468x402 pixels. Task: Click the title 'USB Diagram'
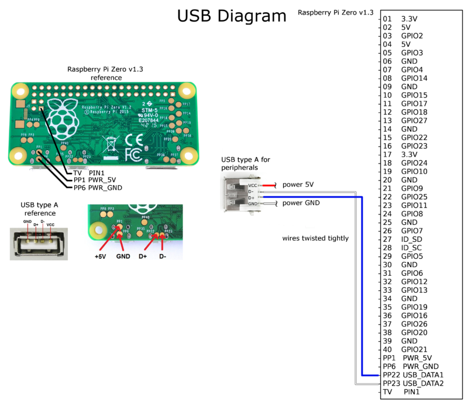pyautogui.click(x=232, y=16)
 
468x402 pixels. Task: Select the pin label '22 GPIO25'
pyautogui.click(x=404, y=197)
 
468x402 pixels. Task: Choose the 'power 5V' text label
pyautogui.click(x=298, y=185)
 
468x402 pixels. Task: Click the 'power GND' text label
pyautogui.click(x=301, y=203)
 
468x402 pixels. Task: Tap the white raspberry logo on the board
pyautogui.click(x=66, y=119)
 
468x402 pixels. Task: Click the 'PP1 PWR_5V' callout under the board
pyautogui.click(x=98, y=181)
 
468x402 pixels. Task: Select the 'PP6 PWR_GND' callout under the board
pyautogui.click(x=98, y=188)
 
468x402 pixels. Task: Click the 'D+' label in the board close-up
pyautogui.click(x=142, y=257)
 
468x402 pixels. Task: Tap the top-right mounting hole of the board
pyautogui.click(x=187, y=90)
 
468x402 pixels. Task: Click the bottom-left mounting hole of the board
pyautogui.click(x=20, y=155)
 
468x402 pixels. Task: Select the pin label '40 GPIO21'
pyautogui.click(x=404, y=349)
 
